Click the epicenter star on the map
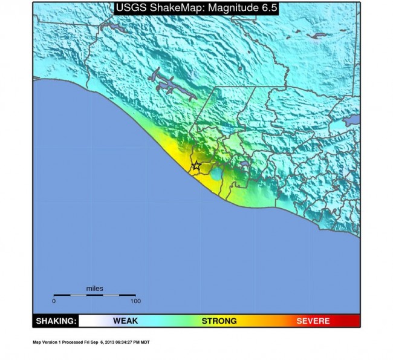tap(196, 165)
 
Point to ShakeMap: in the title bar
tap(174, 9)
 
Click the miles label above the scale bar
tap(94, 289)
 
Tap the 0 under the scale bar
tap(54, 301)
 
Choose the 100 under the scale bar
tap(135, 301)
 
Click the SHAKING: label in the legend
tap(56, 321)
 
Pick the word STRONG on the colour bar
tap(219, 321)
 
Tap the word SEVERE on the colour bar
tap(313, 321)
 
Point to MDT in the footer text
tap(145, 342)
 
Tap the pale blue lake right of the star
tap(216, 174)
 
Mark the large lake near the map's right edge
tap(352, 121)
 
